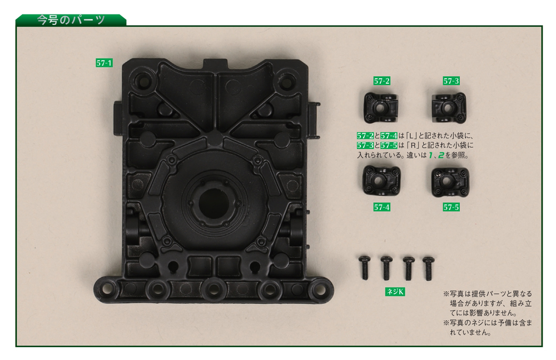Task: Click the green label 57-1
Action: click(x=104, y=63)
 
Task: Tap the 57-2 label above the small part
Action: click(x=381, y=81)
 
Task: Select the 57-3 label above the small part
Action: click(x=451, y=81)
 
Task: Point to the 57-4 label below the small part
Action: click(x=381, y=207)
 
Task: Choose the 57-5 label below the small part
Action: click(x=451, y=207)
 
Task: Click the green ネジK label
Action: click(x=395, y=292)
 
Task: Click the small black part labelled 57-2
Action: click(x=381, y=107)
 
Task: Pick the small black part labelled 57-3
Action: click(x=449, y=107)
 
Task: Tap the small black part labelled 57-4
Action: click(x=381, y=181)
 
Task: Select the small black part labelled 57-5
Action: click(x=450, y=182)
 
